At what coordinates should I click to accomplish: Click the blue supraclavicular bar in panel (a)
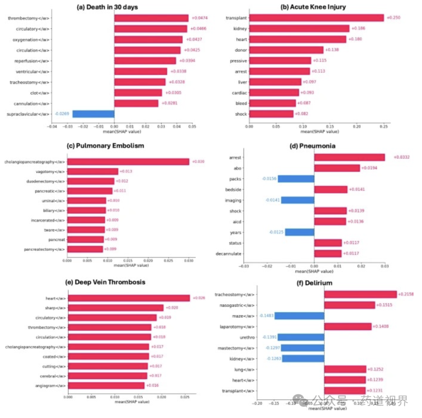pyautogui.click(x=93, y=114)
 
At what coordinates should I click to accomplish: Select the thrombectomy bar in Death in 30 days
pyautogui.click(x=151, y=18)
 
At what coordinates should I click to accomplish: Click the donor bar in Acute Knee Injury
pyautogui.click(x=286, y=50)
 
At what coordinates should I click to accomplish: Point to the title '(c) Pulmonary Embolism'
pyautogui.click(x=105, y=146)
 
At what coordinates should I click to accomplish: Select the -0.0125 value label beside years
pyautogui.click(x=277, y=232)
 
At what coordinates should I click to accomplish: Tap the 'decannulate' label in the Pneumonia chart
pyautogui.click(x=229, y=254)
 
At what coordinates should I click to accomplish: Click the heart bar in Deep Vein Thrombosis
pyautogui.click(x=129, y=298)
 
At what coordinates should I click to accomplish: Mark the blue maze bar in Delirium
pyautogui.click(x=299, y=316)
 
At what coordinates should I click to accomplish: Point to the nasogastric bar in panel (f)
pyautogui.click(x=349, y=305)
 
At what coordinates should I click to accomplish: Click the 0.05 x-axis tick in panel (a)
pyautogui.click(x=191, y=126)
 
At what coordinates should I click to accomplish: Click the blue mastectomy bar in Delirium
pyautogui.click(x=302, y=348)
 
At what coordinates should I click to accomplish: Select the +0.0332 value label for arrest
pyautogui.click(x=397, y=157)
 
